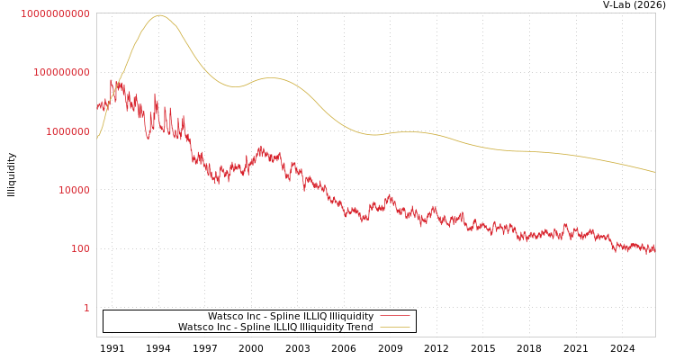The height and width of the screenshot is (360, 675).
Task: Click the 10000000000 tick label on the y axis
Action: [55, 13]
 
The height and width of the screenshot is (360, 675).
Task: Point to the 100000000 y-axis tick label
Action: [61, 72]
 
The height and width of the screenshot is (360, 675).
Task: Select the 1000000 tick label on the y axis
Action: [67, 131]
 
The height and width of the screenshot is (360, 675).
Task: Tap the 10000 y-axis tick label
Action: [74, 190]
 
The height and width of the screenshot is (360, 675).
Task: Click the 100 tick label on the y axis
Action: [80, 248]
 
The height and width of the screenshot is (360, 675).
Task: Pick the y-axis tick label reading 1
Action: [86, 308]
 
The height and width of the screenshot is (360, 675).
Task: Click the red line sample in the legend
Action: [394, 316]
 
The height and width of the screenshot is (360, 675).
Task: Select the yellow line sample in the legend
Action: [394, 327]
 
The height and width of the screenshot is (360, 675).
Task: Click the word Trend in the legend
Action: [358, 327]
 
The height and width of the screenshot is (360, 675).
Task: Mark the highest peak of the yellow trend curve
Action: [159, 15]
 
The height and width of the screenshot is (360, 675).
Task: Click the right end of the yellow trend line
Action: [654, 171]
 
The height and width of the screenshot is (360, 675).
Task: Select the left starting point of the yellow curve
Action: [97, 139]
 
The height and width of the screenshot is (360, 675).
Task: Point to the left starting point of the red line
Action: [97, 106]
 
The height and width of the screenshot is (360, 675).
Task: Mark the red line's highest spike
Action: [112, 78]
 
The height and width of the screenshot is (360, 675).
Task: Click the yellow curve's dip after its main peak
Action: [234, 86]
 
